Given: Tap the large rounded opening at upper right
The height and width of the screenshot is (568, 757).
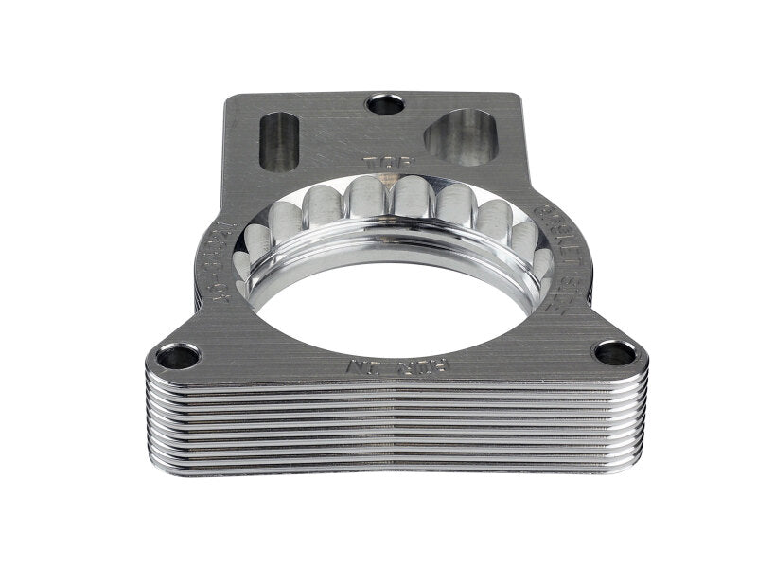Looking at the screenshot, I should tap(460, 136).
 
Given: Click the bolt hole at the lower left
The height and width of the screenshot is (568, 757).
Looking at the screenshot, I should tap(178, 356).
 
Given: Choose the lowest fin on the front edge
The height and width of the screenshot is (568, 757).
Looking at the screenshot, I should tap(397, 467).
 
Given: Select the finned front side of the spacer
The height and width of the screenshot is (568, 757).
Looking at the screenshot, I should tap(397, 426).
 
